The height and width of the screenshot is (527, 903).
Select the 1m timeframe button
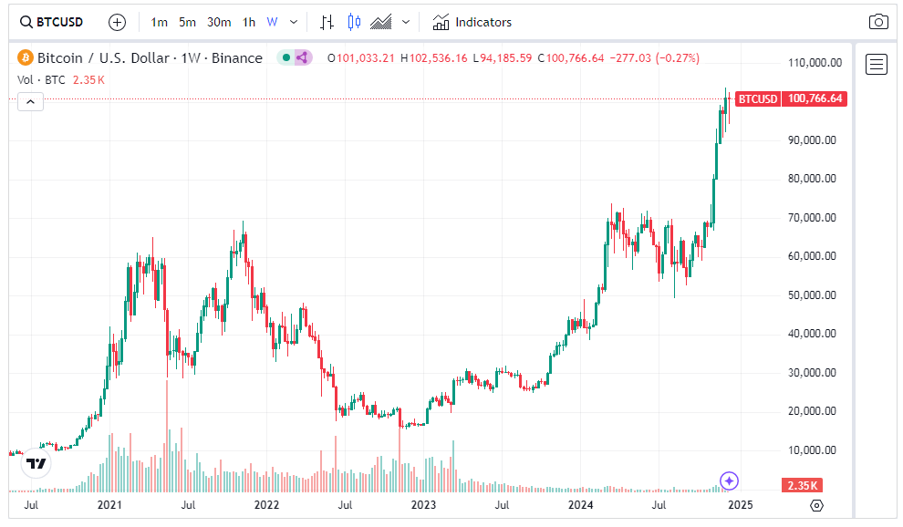tap(159, 22)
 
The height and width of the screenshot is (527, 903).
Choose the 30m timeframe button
tap(219, 22)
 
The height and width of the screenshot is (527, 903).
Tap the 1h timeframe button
tap(249, 22)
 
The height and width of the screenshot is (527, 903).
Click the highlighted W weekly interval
tap(272, 22)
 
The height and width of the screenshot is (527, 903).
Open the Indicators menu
tap(472, 22)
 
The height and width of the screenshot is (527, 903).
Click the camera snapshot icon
tap(877, 22)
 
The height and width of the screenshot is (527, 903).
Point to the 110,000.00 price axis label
tap(814, 63)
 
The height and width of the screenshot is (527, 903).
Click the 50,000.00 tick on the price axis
tap(814, 295)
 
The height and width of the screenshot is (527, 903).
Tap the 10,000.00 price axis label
tap(814, 450)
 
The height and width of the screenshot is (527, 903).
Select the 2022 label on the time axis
tap(266, 504)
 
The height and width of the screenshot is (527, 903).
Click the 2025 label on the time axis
tap(740, 504)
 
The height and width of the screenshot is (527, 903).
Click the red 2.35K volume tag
tap(803, 485)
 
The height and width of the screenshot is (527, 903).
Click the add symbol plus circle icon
tap(117, 22)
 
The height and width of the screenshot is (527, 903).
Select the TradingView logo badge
tap(36, 463)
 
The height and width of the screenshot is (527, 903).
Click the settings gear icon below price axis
tap(816, 504)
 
